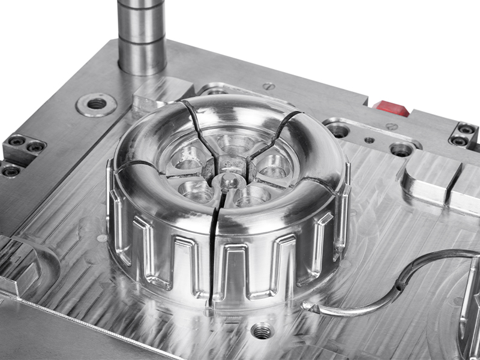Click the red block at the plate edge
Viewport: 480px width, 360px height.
pos(391,108)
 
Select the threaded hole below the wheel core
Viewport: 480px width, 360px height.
pos(262,330)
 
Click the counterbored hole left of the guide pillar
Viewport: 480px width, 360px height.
pos(96,104)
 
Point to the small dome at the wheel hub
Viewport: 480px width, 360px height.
pos(229,180)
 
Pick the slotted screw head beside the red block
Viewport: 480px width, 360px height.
pos(391,127)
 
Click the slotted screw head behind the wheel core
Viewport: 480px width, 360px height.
pos(269,86)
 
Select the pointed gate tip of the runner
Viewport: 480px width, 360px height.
pos(308,307)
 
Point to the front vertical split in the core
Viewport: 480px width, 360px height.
pos(213,252)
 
